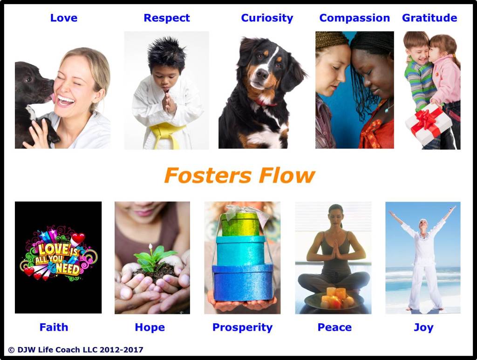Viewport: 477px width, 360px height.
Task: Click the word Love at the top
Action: click(63, 18)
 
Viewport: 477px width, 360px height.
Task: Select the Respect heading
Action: click(166, 18)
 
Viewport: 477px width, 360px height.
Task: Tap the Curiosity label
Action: click(267, 18)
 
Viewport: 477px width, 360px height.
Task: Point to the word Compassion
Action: click(354, 18)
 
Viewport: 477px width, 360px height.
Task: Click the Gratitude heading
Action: click(429, 18)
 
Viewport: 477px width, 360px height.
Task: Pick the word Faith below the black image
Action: click(54, 327)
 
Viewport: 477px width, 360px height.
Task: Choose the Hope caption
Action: click(150, 327)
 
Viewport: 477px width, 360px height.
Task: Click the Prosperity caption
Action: click(242, 327)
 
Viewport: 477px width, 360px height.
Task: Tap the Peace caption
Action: click(334, 327)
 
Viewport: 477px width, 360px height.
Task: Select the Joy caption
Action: click(423, 327)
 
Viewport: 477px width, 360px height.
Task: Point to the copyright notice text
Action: click(75, 349)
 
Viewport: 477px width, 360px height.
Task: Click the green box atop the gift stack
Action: click(241, 224)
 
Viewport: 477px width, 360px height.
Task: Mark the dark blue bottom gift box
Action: click(242, 282)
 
